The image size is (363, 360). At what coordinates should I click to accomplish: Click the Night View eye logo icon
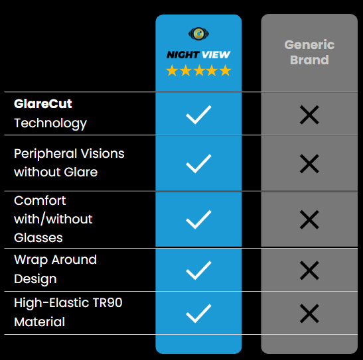point(198,34)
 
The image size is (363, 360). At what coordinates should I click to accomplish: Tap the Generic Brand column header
point(309,52)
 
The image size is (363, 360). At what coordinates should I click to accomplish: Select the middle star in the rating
point(198,70)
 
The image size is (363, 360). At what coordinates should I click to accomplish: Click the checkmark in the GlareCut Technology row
point(198,115)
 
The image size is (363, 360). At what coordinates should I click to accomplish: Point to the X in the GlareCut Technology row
point(309,115)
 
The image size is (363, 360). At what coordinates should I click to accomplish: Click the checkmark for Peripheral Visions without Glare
point(198,164)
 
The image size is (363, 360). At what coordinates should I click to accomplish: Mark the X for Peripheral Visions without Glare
point(309,164)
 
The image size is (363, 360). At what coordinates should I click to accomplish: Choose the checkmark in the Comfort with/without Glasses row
point(198,219)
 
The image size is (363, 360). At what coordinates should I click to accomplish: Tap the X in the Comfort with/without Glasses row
point(309,219)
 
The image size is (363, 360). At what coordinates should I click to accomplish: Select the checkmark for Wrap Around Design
point(198,270)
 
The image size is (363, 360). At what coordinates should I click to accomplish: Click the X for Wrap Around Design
point(309,270)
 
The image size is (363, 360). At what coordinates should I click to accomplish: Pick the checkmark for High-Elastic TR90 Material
point(198,314)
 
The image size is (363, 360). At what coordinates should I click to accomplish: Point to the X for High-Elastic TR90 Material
point(309,314)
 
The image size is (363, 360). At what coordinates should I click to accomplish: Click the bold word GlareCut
point(43,103)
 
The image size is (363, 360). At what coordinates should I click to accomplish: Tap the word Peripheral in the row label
point(46,154)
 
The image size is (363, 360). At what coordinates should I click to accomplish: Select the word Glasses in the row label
point(38,238)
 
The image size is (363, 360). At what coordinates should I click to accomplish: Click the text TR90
point(108,303)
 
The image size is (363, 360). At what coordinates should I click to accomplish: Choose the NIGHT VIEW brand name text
point(198,55)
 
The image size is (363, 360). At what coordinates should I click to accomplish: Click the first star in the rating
point(172,70)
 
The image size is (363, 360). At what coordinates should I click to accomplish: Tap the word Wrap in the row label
point(31,261)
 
